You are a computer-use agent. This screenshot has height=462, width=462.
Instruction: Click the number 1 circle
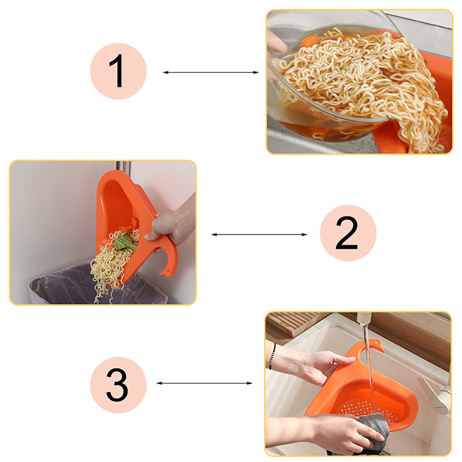pos(118,71)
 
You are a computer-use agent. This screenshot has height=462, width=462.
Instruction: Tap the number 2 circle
pos(348,233)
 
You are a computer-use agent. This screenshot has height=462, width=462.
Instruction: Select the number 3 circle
pos(118,385)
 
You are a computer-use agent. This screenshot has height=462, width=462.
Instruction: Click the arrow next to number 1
pos(211,72)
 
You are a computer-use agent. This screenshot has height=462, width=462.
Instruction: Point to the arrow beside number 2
pos(259,234)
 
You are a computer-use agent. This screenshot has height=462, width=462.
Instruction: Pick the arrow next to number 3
pos(204,383)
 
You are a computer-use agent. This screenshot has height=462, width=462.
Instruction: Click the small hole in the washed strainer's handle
pos(377,343)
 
